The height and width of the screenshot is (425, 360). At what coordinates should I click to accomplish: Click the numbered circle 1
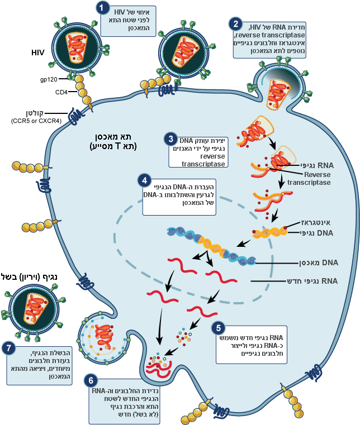coord(102,8)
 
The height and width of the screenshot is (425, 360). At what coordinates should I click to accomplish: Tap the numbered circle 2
coord(238,24)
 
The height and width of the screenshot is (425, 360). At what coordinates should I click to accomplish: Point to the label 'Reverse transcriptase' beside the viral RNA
coord(310,178)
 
